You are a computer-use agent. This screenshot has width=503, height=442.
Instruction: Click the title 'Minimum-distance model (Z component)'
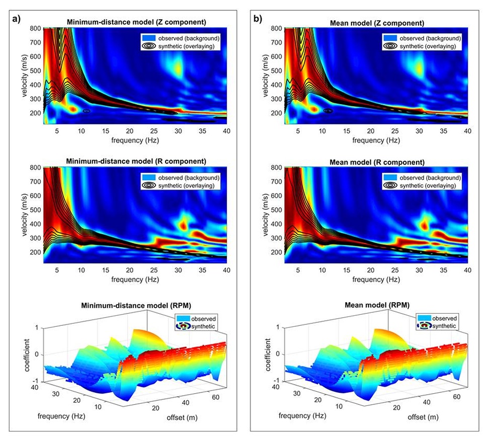click(135, 23)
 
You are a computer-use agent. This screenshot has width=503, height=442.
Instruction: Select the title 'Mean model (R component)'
click(375, 162)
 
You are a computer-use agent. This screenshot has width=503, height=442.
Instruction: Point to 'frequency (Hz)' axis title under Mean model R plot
click(376, 279)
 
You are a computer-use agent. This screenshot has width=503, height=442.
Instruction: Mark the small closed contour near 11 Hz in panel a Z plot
click(86, 111)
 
